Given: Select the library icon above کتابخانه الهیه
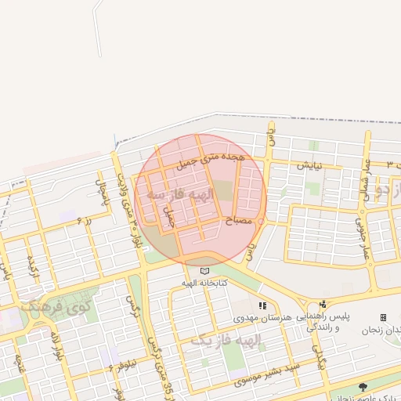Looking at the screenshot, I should coord(205,271).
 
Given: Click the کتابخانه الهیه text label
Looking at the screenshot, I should coord(205,283).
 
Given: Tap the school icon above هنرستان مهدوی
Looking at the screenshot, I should coord(262,305).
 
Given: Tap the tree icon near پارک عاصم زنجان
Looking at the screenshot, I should coord(362,387).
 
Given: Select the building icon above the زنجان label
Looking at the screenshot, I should coord(383,317).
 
